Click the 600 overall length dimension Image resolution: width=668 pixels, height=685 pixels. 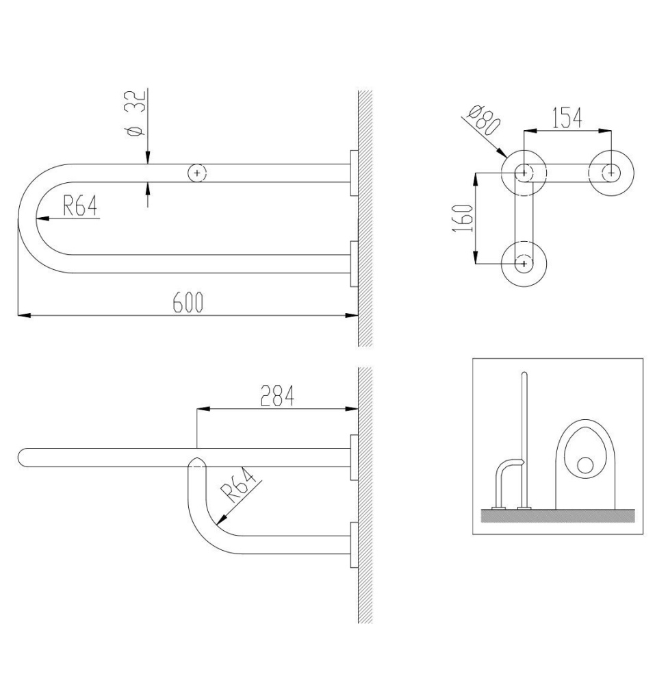tap(188, 302)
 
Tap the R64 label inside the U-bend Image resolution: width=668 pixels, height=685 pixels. tap(80, 206)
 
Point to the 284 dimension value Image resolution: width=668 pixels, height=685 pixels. tap(277, 395)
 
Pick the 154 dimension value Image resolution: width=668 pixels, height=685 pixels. tap(567, 118)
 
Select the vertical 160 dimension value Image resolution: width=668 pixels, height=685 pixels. tap(463, 218)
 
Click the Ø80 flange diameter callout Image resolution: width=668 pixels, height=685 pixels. tap(483, 120)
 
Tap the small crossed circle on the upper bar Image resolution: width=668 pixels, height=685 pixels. tap(197, 173)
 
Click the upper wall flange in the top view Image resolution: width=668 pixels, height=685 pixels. tap(354, 173)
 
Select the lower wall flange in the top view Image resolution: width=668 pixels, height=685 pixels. tap(354, 264)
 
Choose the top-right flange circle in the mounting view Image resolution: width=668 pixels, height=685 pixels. tap(611, 173)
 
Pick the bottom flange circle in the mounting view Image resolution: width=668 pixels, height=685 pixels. tap(524, 264)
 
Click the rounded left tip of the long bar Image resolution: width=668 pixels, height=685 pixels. tap(21, 458)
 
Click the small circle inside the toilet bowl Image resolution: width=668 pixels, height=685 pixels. tap(585, 465)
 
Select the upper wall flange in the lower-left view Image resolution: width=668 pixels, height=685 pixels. tap(354, 458)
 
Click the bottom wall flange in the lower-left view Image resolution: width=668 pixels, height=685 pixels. tap(354, 545)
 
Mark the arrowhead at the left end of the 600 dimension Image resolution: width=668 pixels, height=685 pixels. tap(24, 314)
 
